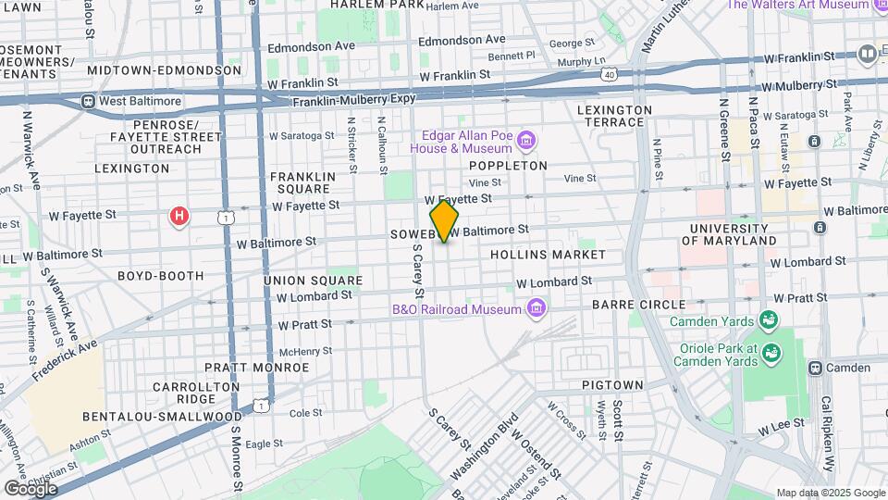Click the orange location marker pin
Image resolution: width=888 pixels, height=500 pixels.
(444, 220)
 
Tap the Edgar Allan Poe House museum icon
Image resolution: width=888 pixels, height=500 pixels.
(526, 141)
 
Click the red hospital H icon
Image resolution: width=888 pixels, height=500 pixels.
(179, 217)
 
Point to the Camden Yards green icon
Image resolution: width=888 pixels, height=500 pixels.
(767, 320)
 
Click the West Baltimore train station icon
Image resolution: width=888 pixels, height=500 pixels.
(89, 101)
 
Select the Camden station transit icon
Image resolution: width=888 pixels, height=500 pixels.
(815, 368)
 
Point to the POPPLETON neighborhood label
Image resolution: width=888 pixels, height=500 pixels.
(508, 166)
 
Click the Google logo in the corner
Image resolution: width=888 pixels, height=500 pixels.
(31, 488)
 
